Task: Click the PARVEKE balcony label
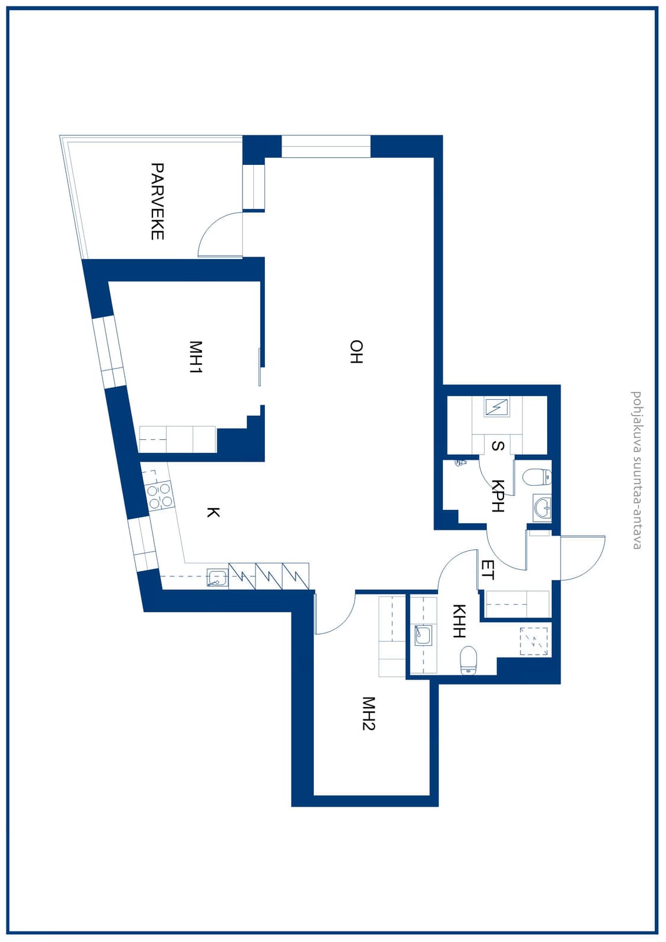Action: point(157,201)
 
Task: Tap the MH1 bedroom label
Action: point(196,357)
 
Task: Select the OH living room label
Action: point(356,351)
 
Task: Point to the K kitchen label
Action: point(213,512)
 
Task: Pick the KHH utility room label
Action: point(459,621)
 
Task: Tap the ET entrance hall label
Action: point(488,570)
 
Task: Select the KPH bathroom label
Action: point(498,496)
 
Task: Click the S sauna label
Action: point(498,446)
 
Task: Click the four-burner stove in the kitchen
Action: point(160,496)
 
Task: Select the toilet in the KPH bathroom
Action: point(537,477)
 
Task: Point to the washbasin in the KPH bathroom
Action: point(542,509)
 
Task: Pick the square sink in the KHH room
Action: point(423,635)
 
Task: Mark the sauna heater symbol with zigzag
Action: point(496,407)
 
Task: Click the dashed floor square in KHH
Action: point(534,642)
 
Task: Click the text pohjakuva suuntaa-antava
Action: point(635,470)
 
